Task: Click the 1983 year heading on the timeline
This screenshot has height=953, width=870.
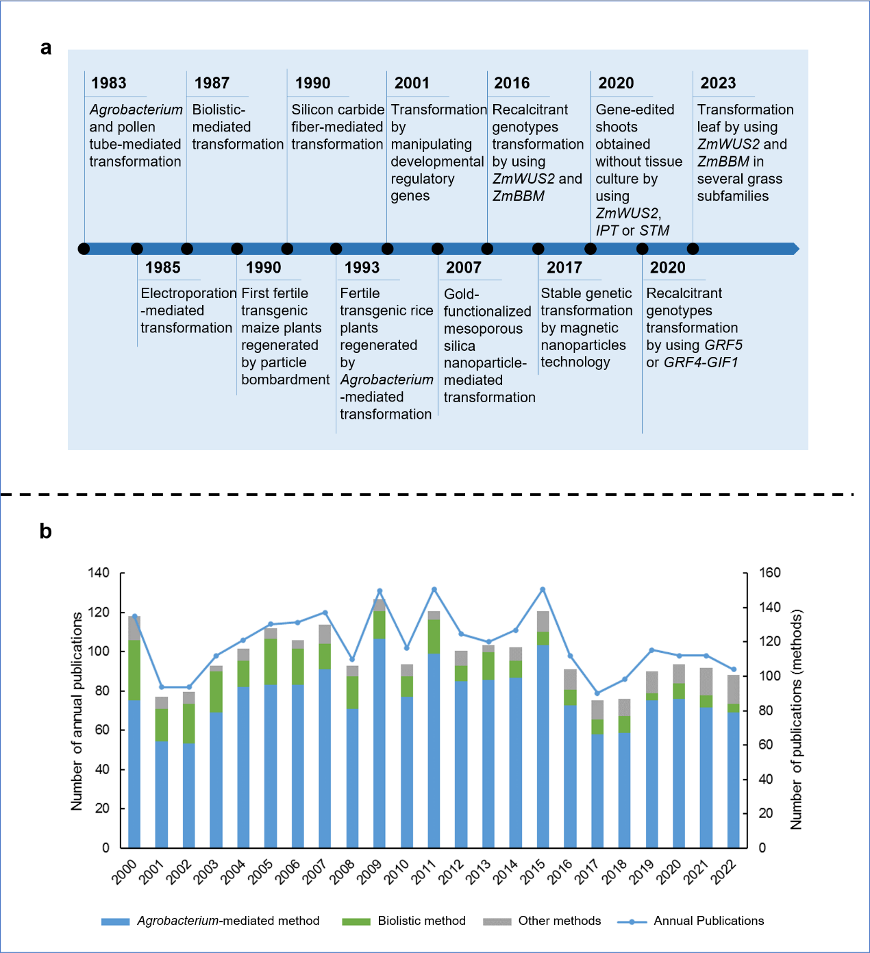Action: (109, 84)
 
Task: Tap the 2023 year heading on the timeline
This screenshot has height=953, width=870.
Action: (718, 84)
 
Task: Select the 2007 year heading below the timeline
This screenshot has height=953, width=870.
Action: (464, 268)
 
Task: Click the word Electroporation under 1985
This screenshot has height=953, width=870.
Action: (188, 293)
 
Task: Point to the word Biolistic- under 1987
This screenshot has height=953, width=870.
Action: (219, 110)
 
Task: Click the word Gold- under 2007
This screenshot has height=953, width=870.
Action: (461, 294)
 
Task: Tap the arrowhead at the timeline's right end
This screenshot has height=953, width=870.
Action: (795, 249)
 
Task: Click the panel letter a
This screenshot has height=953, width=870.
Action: (46, 48)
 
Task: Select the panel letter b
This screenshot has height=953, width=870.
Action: (45, 532)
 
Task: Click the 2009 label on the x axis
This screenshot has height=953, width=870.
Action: (369, 871)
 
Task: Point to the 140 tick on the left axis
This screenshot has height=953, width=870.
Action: (99, 573)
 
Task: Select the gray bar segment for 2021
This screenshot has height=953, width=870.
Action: (706, 682)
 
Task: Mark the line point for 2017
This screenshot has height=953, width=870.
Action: (597, 693)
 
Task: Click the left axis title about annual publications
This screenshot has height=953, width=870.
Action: (77, 711)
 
